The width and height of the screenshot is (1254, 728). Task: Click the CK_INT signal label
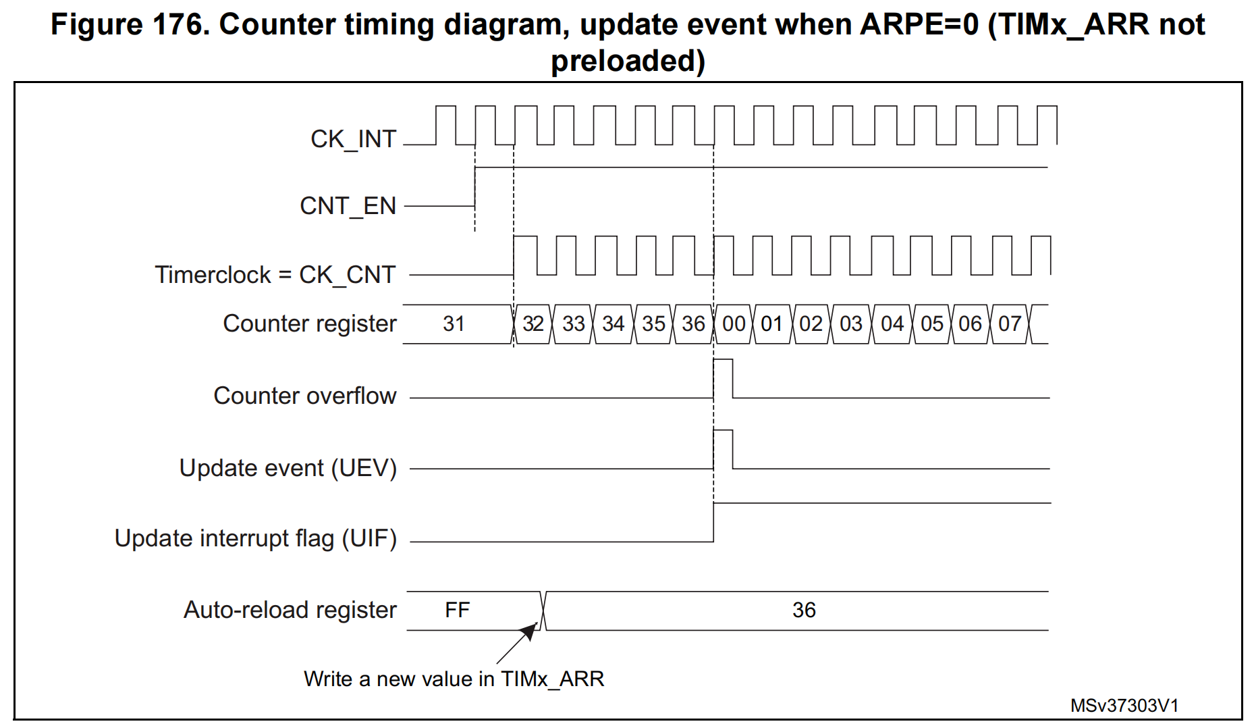coord(353,139)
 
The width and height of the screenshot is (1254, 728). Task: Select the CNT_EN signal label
coord(348,206)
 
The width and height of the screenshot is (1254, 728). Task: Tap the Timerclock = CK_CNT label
coord(275,275)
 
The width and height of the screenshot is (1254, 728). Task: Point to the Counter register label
coord(310,323)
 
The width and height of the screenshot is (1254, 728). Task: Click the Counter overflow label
coord(305,396)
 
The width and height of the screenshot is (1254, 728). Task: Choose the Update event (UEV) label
coord(288,468)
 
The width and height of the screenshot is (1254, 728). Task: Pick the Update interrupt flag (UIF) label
coord(256,538)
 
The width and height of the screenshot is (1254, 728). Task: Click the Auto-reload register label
coord(290,610)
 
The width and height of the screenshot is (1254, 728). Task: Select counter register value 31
coord(454,324)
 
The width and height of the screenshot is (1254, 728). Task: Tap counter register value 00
coord(734,324)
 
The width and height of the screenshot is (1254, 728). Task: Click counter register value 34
coord(614,324)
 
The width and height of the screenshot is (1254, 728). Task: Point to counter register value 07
coord(1010,324)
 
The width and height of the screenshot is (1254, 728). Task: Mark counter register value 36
coord(693,324)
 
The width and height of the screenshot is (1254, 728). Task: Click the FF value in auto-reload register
coord(457,610)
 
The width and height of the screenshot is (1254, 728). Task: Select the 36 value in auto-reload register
coord(804,610)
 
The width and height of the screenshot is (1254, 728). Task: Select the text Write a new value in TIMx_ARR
coord(454,679)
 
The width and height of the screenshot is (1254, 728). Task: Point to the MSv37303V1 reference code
coord(1124,706)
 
